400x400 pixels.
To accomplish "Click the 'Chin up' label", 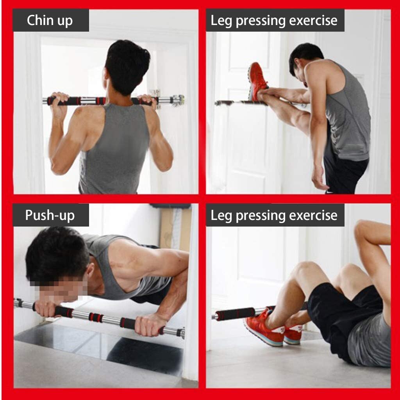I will tap(50, 21).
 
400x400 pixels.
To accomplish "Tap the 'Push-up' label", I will tap(50, 215).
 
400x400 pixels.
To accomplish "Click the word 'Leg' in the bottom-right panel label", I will tap(221, 215).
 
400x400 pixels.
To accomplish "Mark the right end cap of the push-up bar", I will tap(180, 333).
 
